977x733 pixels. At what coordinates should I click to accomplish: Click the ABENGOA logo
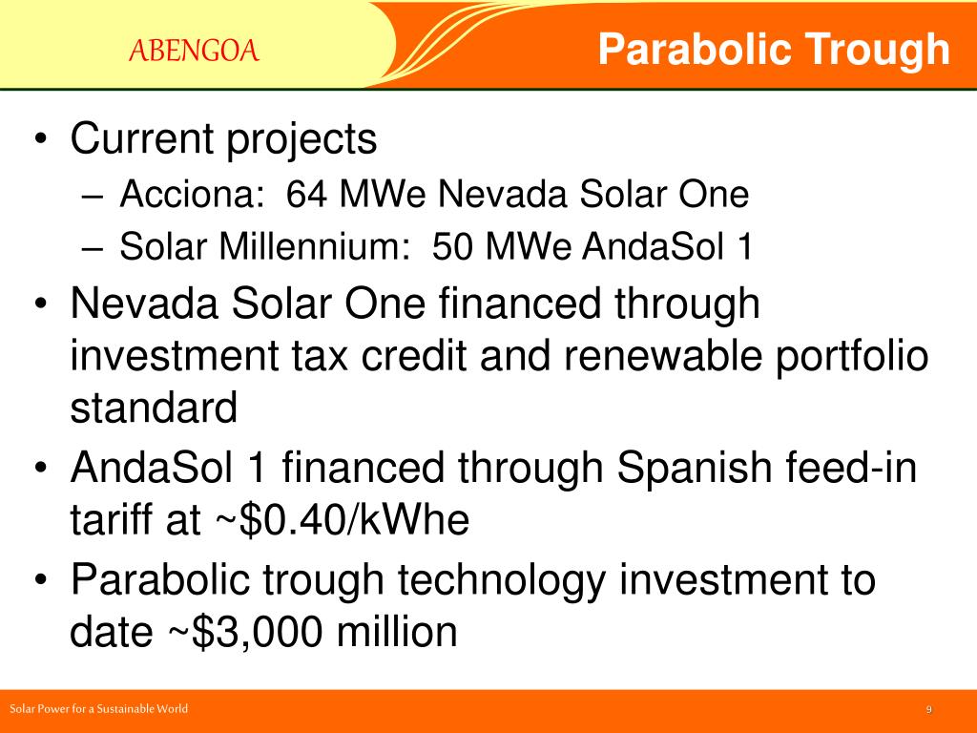pyautogui.click(x=194, y=51)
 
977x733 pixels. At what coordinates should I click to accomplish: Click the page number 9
pyautogui.click(x=929, y=709)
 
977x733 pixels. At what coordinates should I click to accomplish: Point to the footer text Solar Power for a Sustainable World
pyautogui.click(x=98, y=709)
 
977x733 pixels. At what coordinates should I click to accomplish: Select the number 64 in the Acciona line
pyautogui.click(x=306, y=193)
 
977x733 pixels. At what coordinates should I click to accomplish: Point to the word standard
pyautogui.click(x=154, y=407)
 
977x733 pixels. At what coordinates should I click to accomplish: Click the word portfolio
pyautogui.click(x=852, y=357)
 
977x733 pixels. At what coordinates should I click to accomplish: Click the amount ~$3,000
pyautogui.click(x=245, y=632)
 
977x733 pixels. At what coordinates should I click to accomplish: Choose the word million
pyautogui.click(x=397, y=632)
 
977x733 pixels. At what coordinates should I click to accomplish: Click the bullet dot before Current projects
pyautogui.click(x=40, y=138)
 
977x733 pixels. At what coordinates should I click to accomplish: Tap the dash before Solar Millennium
pyautogui.click(x=91, y=248)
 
